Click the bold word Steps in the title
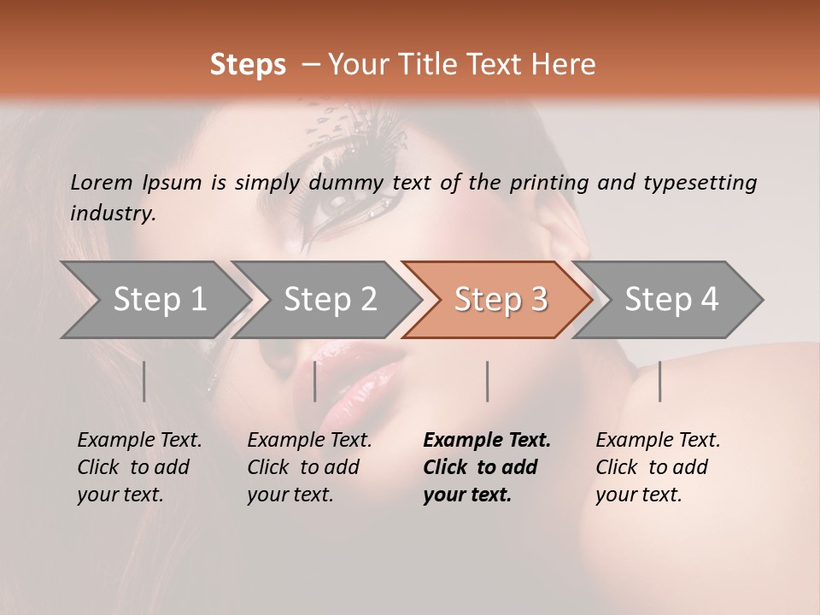pyautogui.click(x=248, y=65)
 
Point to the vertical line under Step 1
pyautogui.click(x=144, y=381)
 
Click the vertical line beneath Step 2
pyautogui.click(x=315, y=381)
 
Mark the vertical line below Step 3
pyautogui.click(x=488, y=381)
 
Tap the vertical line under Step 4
pyautogui.click(x=660, y=381)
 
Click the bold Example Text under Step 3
pyautogui.click(x=487, y=467)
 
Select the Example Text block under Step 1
pyautogui.click(x=139, y=467)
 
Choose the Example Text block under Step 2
pyautogui.click(x=309, y=467)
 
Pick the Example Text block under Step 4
pyautogui.click(x=658, y=467)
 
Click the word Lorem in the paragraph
pyautogui.click(x=102, y=182)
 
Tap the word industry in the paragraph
pyautogui.click(x=113, y=214)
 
